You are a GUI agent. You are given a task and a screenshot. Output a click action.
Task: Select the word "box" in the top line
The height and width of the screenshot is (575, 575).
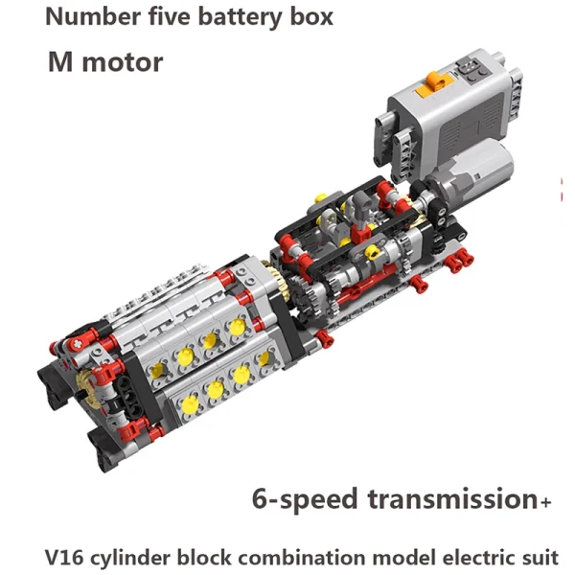(311, 16)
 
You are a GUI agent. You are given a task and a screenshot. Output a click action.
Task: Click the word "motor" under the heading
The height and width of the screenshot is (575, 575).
(123, 62)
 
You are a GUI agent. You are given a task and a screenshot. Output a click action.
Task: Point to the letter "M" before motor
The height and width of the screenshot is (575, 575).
(59, 61)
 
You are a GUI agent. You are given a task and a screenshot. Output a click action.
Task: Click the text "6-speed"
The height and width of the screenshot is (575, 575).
(305, 500)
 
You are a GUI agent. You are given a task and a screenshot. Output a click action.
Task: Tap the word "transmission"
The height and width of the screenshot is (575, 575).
(452, 498)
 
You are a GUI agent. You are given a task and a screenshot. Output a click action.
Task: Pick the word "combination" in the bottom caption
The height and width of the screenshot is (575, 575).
(302, 558)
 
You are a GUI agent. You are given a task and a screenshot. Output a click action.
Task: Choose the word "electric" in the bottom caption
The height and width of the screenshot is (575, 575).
(474, 558)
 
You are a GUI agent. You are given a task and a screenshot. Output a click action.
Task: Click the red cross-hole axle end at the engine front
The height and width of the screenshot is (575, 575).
(79, 344)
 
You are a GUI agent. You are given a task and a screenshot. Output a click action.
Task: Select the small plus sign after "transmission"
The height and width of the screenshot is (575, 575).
(545, 501)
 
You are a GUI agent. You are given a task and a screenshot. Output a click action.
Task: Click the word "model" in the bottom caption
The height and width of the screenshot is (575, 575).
(403, 558)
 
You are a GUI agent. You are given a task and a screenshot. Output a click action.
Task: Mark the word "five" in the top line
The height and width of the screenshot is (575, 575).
(170, 16)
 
